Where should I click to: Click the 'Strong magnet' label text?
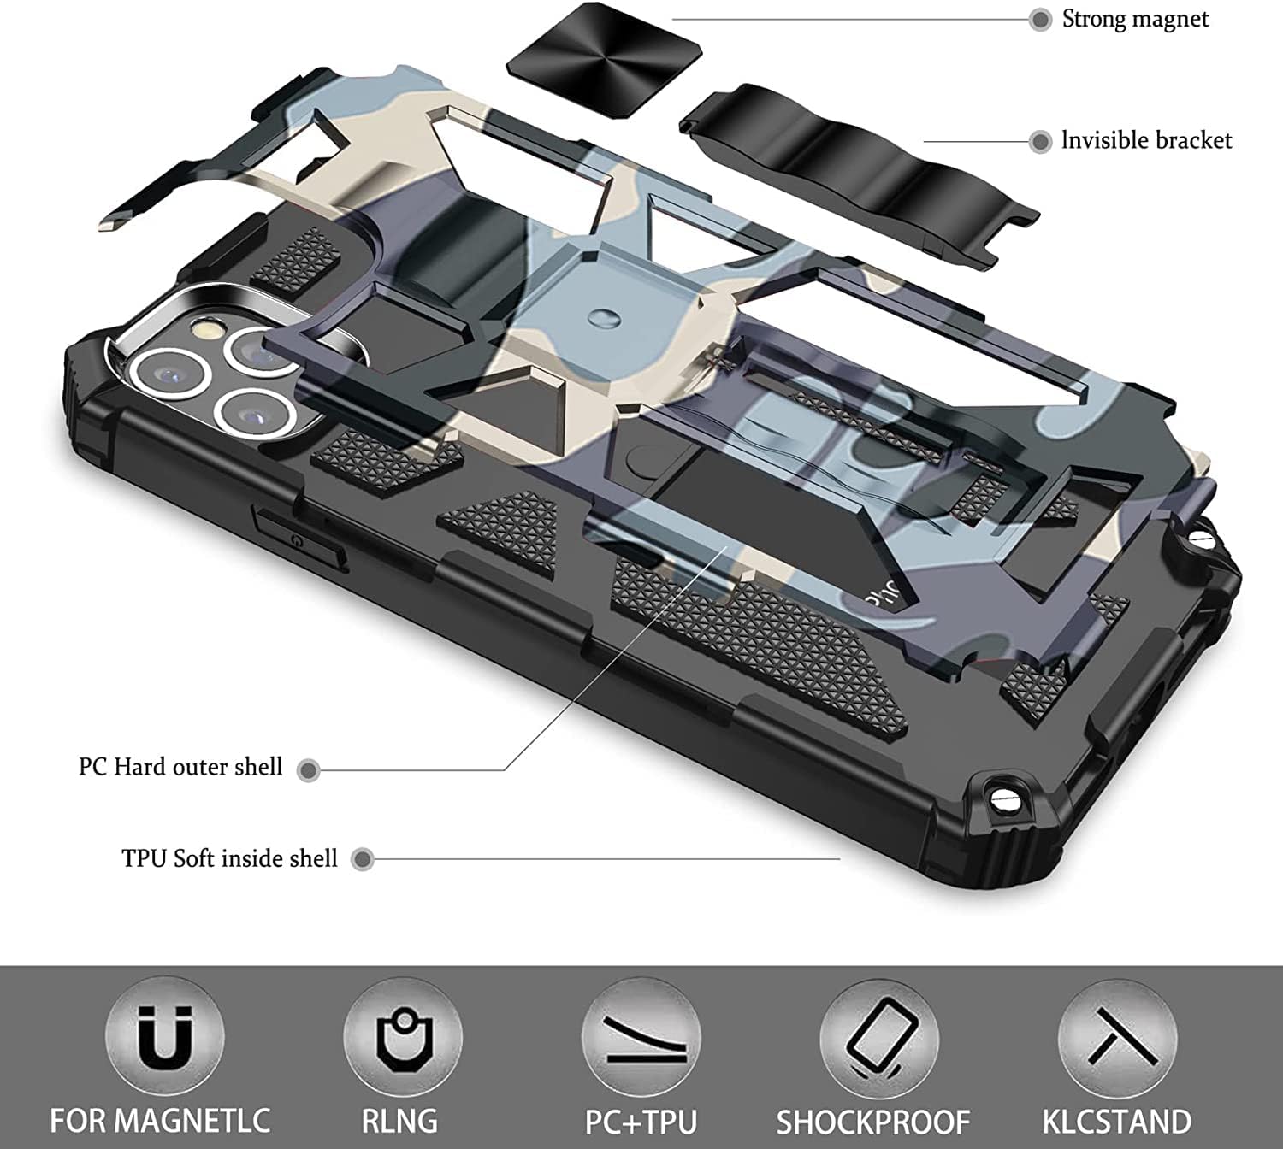click(1135, 19)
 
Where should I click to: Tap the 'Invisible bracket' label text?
click(1146, 141)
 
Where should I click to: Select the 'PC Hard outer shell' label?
click(180, 767)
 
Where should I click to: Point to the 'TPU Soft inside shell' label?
click(229, 858)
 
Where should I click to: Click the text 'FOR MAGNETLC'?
click(160, 1120)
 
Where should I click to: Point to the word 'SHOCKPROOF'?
click(872, 1121)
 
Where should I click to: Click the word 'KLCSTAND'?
click(1116, 1120)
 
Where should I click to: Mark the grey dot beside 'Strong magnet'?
click(1040, 20)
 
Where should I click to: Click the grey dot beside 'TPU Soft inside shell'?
click(363, 859)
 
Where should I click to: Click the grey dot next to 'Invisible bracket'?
click(1040, 142)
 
